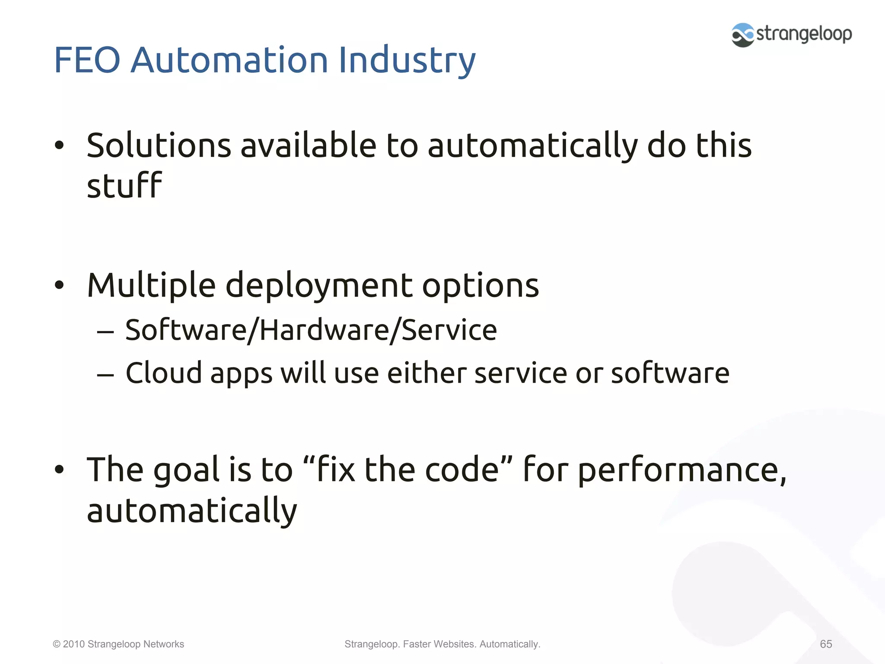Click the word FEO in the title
coord(86,60)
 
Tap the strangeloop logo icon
coord(742,35)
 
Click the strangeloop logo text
coord(804,34)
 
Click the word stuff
coord(124,186)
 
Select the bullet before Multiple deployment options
coord(59,285)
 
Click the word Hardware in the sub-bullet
coord(324,330)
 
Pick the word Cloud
coord(163,373)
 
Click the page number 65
coord(826,644)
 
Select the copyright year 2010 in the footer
coord(73,644)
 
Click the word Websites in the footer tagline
coord(454,644)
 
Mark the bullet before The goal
coord(59,469)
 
